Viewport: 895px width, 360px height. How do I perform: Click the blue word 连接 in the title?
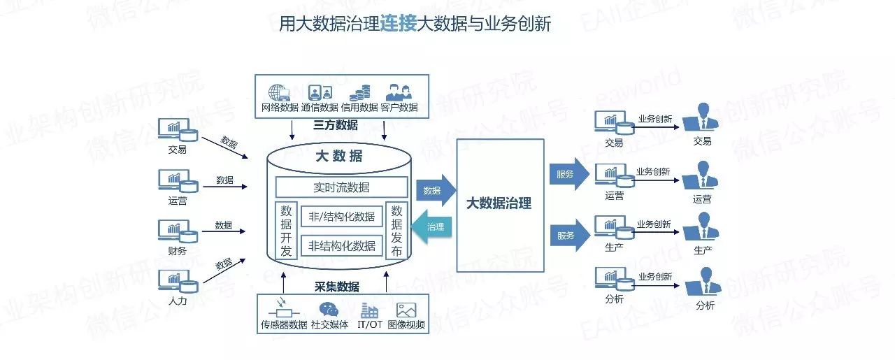point(398,23)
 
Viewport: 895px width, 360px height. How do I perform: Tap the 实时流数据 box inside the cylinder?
point(342,187)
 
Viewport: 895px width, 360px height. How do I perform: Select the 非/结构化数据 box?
point(342,217)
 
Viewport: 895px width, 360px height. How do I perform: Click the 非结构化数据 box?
point(342,246)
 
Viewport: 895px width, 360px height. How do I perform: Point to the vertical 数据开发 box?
point(286,231)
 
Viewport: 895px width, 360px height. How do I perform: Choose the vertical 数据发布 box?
point(396,231)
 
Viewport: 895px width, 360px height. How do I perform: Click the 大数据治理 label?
point(499,203)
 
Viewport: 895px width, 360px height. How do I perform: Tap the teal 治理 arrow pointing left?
point(431,227)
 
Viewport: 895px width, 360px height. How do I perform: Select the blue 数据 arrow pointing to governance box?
point(436,190)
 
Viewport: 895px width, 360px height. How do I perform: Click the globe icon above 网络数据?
point(279,93)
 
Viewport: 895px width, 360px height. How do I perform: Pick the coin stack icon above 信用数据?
point(359,93)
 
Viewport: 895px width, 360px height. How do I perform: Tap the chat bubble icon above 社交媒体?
point(329,309)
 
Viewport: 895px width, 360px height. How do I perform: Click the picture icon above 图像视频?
point(406,310)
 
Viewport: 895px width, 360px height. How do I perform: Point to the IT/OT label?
point(370,324)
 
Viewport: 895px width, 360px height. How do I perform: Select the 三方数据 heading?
point(336,125)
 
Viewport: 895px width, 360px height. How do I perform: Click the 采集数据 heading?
point(337,287)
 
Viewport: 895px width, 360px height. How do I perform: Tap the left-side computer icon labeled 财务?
point(178,231)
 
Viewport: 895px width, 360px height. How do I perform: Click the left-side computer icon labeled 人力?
point(178,281)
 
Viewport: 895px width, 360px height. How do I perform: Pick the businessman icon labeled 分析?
point(703,281)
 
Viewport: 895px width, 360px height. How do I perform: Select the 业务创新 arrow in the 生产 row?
point(656,232)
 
